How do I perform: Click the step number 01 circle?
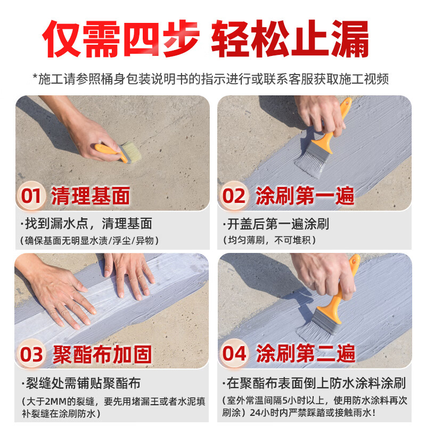pyautogui.click(x=31, y=196)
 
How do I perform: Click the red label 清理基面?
pyautogui.click(x=91, y=196)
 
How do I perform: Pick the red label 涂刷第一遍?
pyautogui.click(x=305, y=196)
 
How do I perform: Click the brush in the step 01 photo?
pyautogui.click(x=114, y=151)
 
